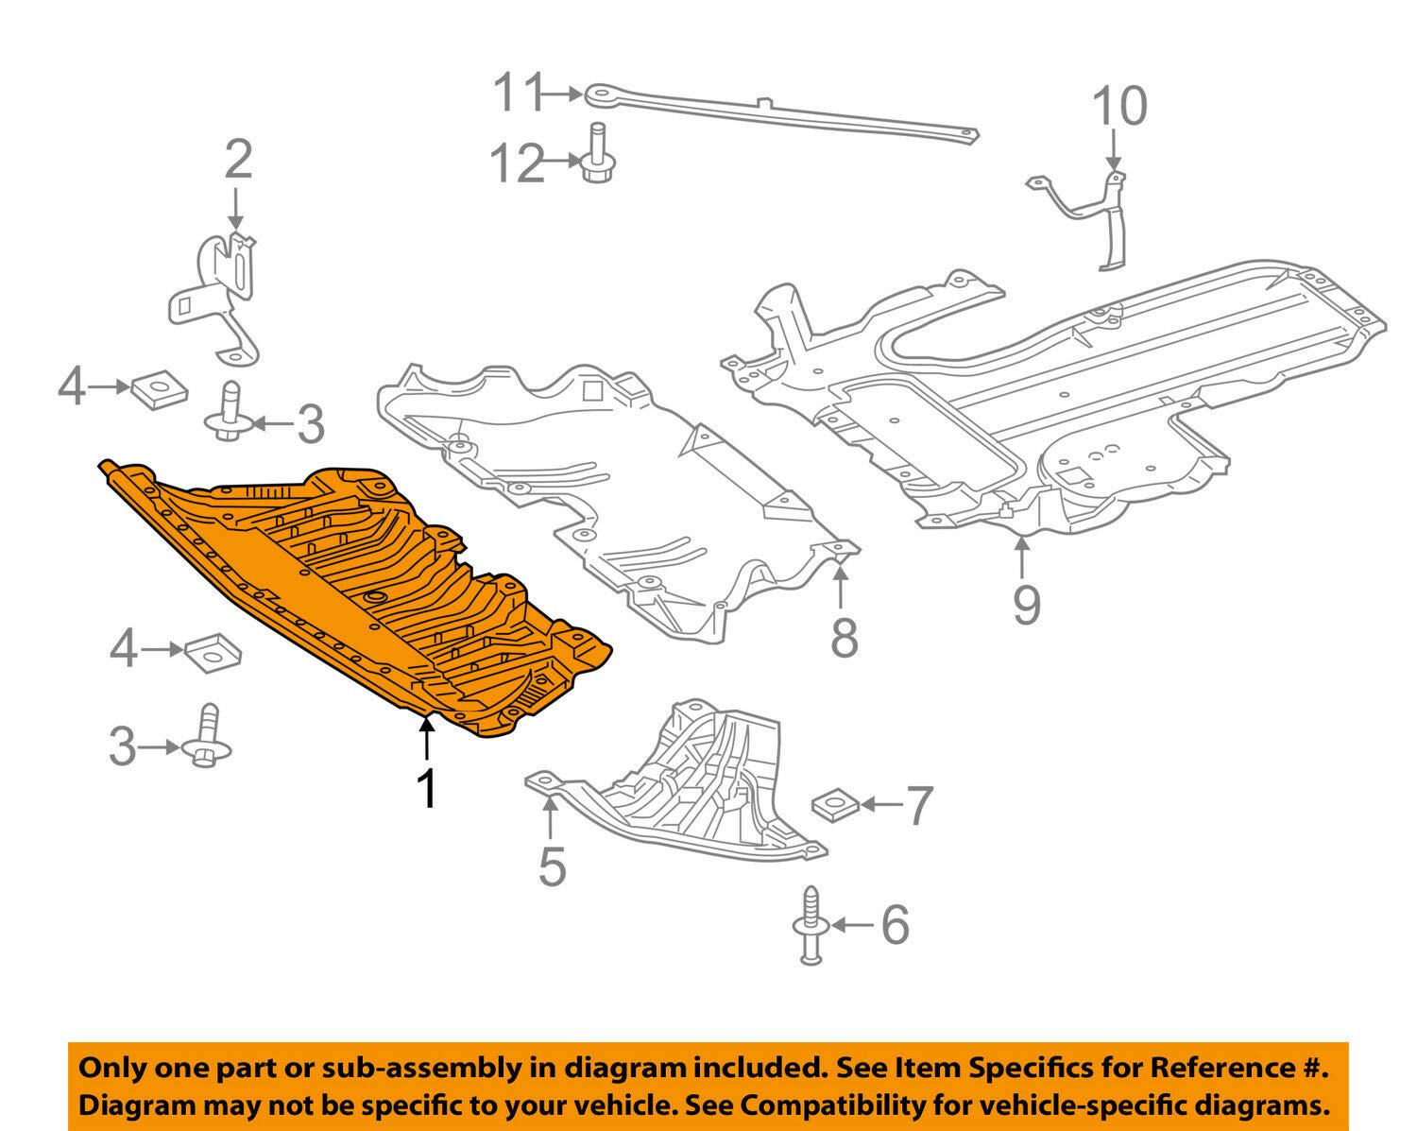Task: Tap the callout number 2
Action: tap(238, 160)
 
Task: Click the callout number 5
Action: tap(552, 865)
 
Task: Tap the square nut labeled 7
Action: tap(835, 804)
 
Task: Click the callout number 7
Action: tap(918, 804)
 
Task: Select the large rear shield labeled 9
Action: tap(1058, 397)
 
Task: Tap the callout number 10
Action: tap(1119, 106)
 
